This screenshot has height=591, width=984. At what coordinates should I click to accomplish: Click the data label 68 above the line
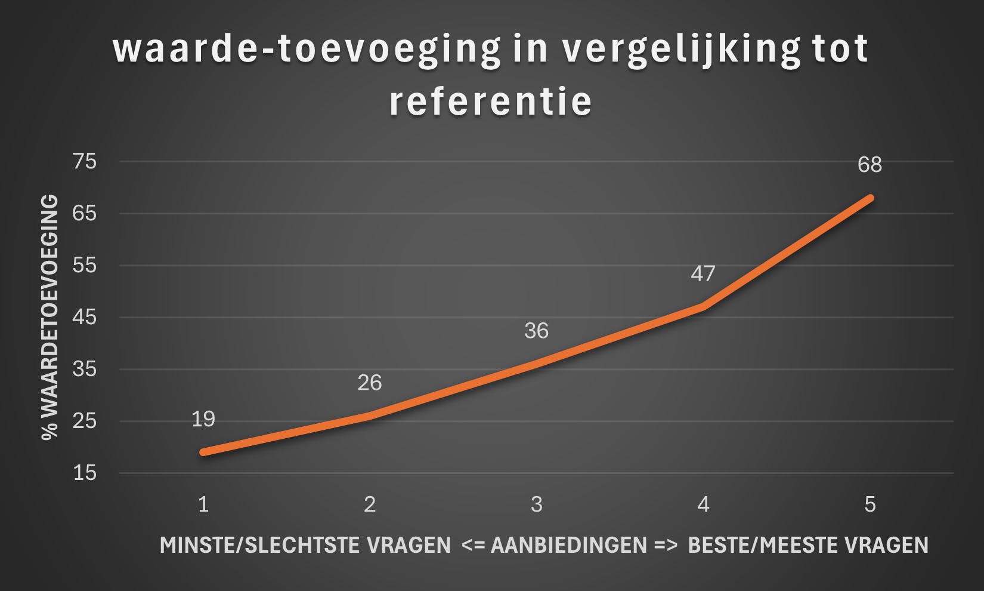click(869, 165)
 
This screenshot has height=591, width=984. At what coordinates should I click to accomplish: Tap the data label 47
click(703, 273)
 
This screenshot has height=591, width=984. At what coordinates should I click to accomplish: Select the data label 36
click(536, 331)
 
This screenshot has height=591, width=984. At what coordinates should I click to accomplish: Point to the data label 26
click(369, 383)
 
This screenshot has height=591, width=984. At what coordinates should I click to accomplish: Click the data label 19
click(203, 419)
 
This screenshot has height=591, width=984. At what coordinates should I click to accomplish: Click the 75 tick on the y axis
click(84, 161)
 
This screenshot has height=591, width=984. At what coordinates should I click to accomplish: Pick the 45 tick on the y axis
click(84, 317)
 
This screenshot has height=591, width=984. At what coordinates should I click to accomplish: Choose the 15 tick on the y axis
click(84, 473)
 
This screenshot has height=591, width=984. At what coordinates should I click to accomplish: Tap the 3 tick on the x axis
click(536, 505)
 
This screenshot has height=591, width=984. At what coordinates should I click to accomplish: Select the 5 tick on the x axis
click(869, 505)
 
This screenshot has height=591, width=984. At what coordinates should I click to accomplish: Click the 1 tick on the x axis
click(203, 505)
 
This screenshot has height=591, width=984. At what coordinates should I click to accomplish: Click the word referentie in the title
click(490, 101)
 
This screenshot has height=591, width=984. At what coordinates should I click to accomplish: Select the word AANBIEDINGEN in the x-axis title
click(568, 545)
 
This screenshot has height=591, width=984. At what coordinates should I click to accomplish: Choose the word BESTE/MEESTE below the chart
click(765, 545)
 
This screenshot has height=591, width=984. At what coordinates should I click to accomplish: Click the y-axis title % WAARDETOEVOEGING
click(50, 317)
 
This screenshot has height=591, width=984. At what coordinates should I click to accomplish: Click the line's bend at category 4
click(704, 307)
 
